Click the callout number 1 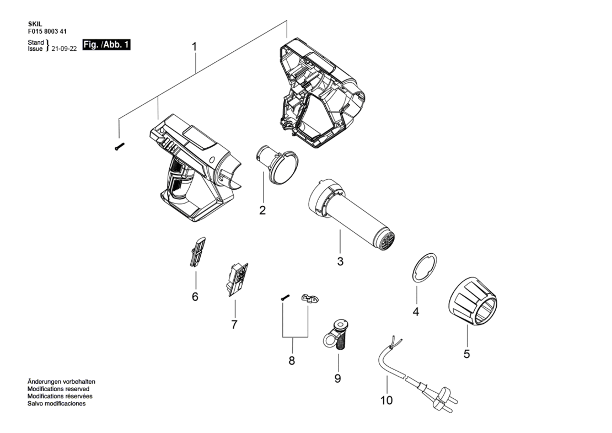tap(194, 47)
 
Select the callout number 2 tap(262, 210)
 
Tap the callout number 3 tap(340, 261)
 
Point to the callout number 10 tap(386, 400)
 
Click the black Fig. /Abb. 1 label tap(106, 45)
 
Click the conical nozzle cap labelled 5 tap(472, 301)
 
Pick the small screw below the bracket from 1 tap(120, 147)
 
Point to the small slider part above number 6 tap(198, 252)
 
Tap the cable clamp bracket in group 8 tap(310, 298)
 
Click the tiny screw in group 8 tap(285, 297)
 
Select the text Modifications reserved tap(58, 389)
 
